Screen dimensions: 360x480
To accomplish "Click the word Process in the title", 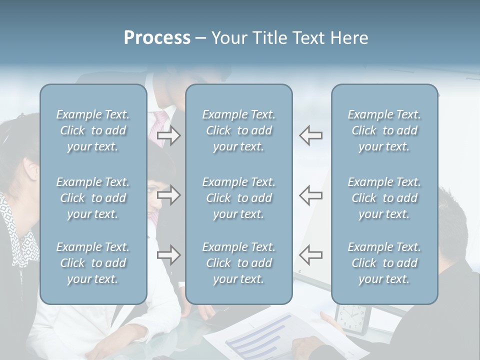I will point(157,38).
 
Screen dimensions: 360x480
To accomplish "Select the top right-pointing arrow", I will point(169,135).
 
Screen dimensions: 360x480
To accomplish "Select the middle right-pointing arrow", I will point(169,195).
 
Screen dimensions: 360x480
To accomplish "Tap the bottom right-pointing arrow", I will point(169,255).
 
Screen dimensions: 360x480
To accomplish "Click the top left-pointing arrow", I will point(311,135).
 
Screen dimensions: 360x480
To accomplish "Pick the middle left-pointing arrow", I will point(311,195).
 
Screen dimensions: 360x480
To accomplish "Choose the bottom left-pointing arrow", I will point(311,255).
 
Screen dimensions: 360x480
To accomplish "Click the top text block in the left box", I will point(93,130).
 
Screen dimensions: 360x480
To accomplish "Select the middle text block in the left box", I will point(93,198).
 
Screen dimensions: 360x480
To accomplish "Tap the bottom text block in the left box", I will point(93,263).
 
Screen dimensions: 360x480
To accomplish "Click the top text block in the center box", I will point(238,130).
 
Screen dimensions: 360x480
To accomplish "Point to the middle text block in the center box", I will point(238,198).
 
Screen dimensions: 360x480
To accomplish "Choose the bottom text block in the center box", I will point(238,263).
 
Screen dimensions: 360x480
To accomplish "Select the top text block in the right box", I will point(384,130).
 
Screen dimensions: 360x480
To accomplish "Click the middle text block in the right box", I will point(384,198).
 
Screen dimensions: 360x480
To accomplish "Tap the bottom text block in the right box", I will point(384,263).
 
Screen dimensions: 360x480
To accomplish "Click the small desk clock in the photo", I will point(352,318).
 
